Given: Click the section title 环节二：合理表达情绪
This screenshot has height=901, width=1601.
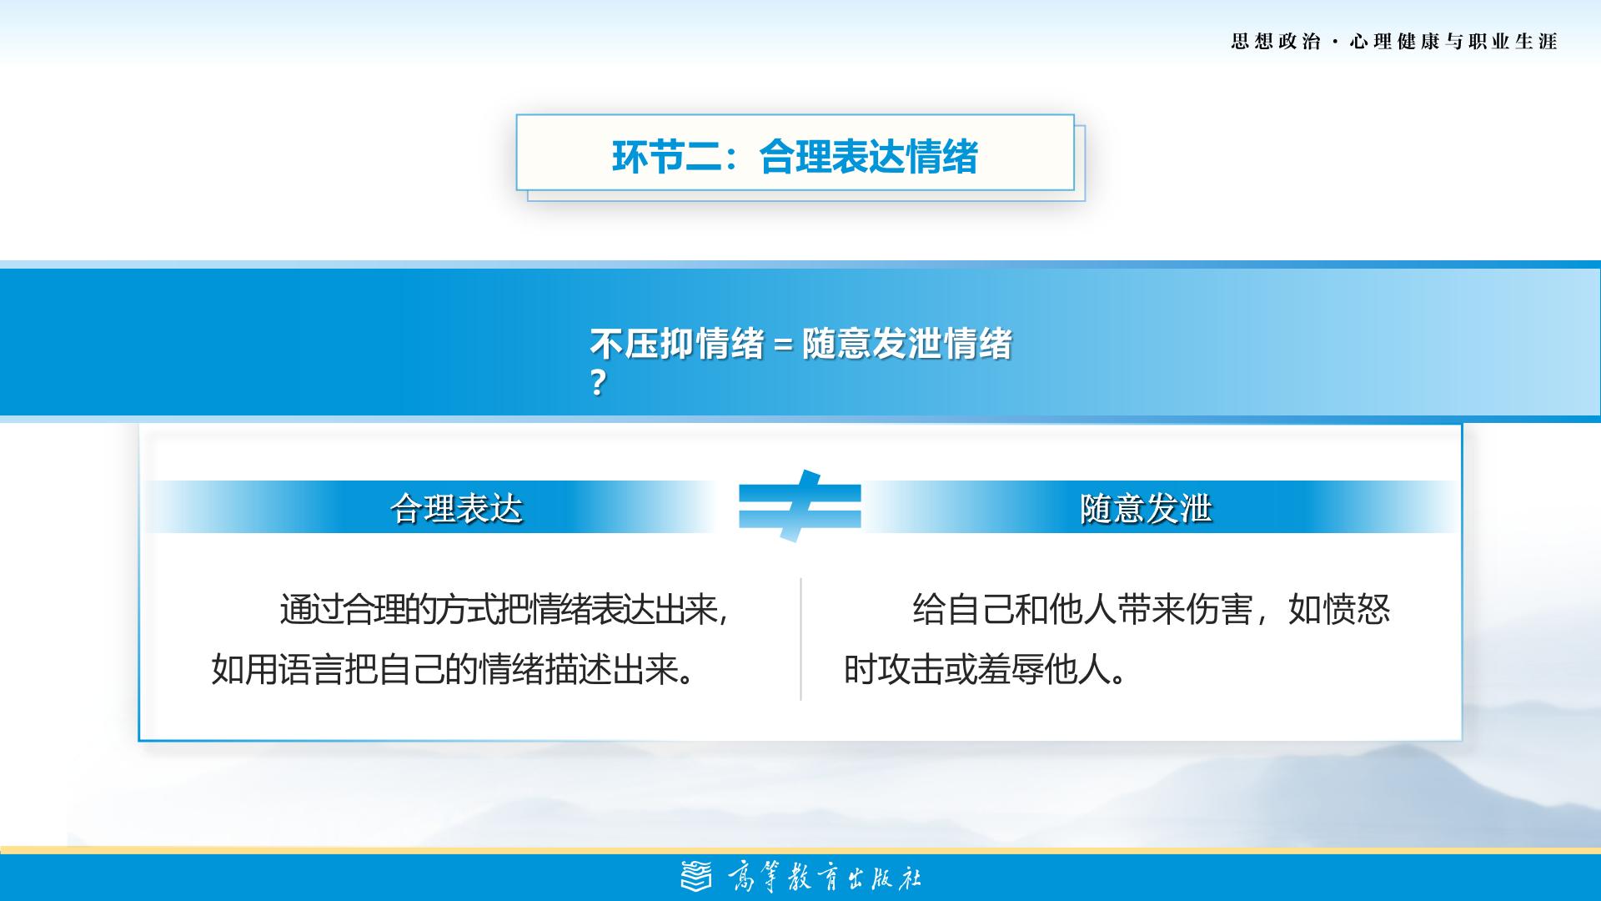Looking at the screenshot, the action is [795, 157].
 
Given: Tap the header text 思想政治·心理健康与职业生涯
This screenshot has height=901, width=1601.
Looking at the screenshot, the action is [1394, 42].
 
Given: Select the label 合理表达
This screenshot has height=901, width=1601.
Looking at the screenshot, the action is [456, 508].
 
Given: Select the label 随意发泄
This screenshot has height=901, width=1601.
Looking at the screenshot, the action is [1146, 508].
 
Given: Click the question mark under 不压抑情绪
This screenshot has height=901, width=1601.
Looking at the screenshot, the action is [597, 383].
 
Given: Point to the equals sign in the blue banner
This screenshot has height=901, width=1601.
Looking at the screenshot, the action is [782, 345].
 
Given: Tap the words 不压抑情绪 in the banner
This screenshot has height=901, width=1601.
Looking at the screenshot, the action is [676, 344].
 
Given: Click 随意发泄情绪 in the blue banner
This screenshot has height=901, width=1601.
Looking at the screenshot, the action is [907, 344].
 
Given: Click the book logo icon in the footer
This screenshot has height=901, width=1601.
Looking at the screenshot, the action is [697, 877].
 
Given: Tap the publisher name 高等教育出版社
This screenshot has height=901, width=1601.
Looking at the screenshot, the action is [824, 878].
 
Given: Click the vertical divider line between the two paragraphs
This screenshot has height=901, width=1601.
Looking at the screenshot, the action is [800, 639].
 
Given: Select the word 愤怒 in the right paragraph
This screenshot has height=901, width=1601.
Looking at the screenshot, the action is [1357, 610].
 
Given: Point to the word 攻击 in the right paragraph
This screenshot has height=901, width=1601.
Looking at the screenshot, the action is [911, 669].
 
